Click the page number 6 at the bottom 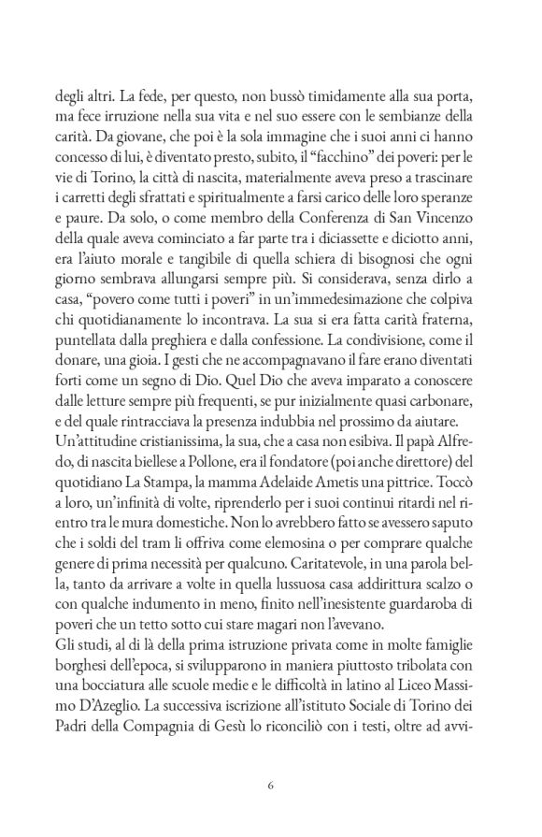[x=270, y=784]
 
